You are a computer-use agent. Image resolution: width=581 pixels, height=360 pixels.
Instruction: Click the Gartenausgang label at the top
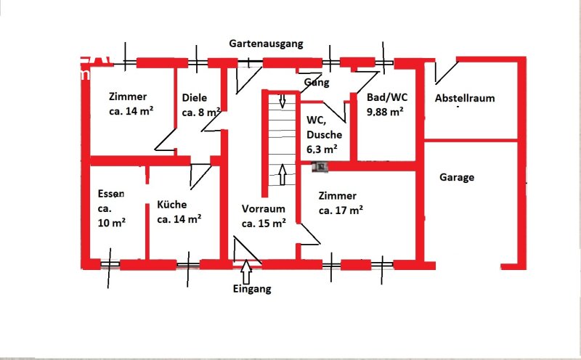[x=266, y=44]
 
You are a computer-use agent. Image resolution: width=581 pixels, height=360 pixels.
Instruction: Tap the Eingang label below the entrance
[x=252, y=289]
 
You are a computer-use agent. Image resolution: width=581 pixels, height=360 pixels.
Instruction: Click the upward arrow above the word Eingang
[x=246, y=272]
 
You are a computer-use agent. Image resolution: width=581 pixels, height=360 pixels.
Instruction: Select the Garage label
[x=457, y=177]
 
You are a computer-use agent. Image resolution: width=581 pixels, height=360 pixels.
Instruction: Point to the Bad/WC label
[x=377, y=98]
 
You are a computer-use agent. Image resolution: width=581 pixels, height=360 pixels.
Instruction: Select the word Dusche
[x=324, y=136]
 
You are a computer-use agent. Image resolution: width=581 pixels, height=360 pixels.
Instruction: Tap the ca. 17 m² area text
[x=340, y=210]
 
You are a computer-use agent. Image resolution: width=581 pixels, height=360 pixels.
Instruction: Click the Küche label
[x=172, y=205]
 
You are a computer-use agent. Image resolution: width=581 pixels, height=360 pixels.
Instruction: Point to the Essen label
[x=111, y=194]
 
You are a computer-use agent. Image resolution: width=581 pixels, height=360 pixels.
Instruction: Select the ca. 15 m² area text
[x=264, y=223]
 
